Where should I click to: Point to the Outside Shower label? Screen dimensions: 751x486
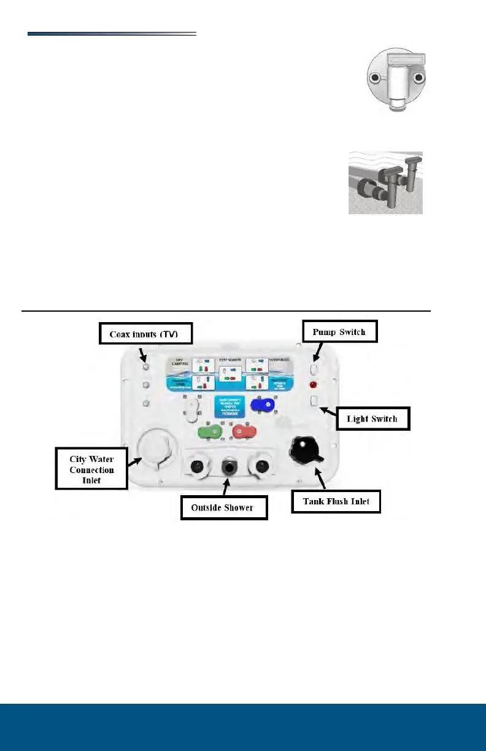(225, 507)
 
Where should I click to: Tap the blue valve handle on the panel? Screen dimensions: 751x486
(263, 406)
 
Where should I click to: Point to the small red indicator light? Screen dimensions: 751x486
(313, 386)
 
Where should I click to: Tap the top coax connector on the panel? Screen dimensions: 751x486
(146, 367)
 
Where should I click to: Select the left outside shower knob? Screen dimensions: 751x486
(196, 466)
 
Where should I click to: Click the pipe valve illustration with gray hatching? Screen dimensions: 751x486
(385, 183)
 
